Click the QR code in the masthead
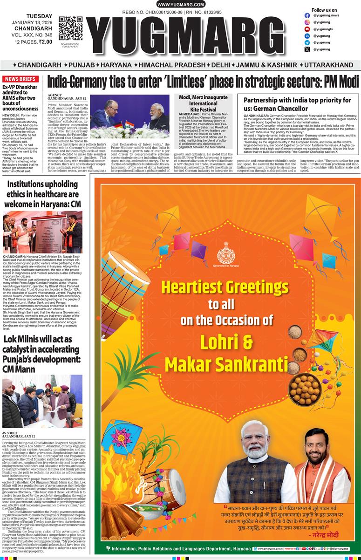click(71, 28)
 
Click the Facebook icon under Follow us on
click(307, 15)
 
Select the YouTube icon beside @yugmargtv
click(307, 29)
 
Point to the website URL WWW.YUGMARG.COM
click(180, 4)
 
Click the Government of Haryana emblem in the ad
click(226, 252)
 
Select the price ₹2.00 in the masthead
click(45, 42)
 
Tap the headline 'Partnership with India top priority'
click(298, 104)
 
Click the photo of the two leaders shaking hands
click(129, 113)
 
